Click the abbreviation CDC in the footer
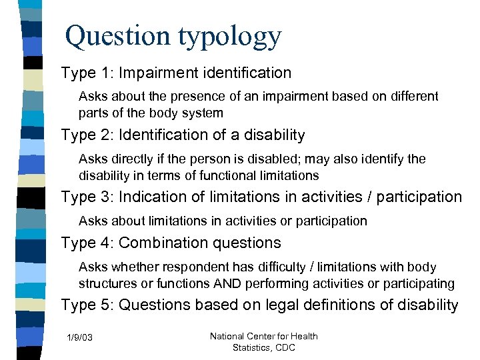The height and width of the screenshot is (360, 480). (x=284, y=347)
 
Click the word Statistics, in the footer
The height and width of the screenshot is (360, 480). (x=252, y=347)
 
